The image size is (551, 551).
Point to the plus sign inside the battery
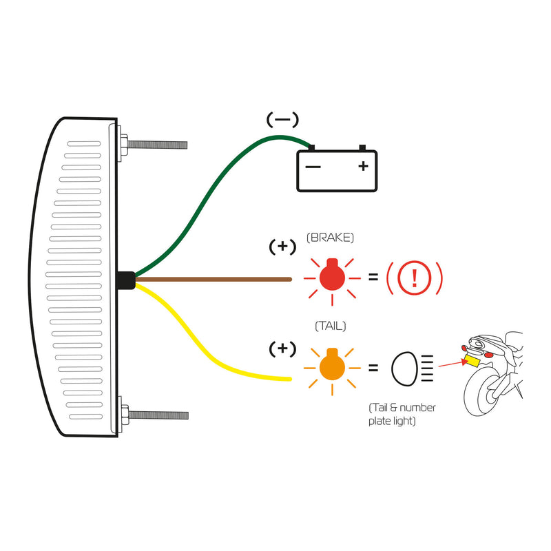363,166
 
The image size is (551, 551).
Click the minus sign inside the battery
313,167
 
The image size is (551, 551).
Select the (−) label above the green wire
282,120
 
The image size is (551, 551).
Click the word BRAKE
330,238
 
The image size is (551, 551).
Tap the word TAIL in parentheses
330,326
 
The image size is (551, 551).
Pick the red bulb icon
333,278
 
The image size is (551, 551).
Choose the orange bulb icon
332,366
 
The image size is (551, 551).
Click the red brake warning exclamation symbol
414,278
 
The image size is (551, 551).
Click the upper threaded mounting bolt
157,145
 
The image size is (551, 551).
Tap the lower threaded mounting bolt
157,415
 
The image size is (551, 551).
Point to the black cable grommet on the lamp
125,280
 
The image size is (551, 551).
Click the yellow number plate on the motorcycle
472,360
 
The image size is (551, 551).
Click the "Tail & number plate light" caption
402,414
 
